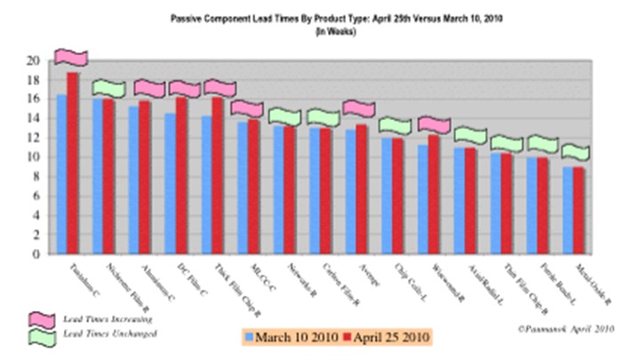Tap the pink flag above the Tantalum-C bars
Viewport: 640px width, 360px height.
[71, 57]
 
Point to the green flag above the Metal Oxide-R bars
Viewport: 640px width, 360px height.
[575, 152]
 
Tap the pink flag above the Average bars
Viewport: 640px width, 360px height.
[360, 108]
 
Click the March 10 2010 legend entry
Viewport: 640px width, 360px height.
[292, 337]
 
